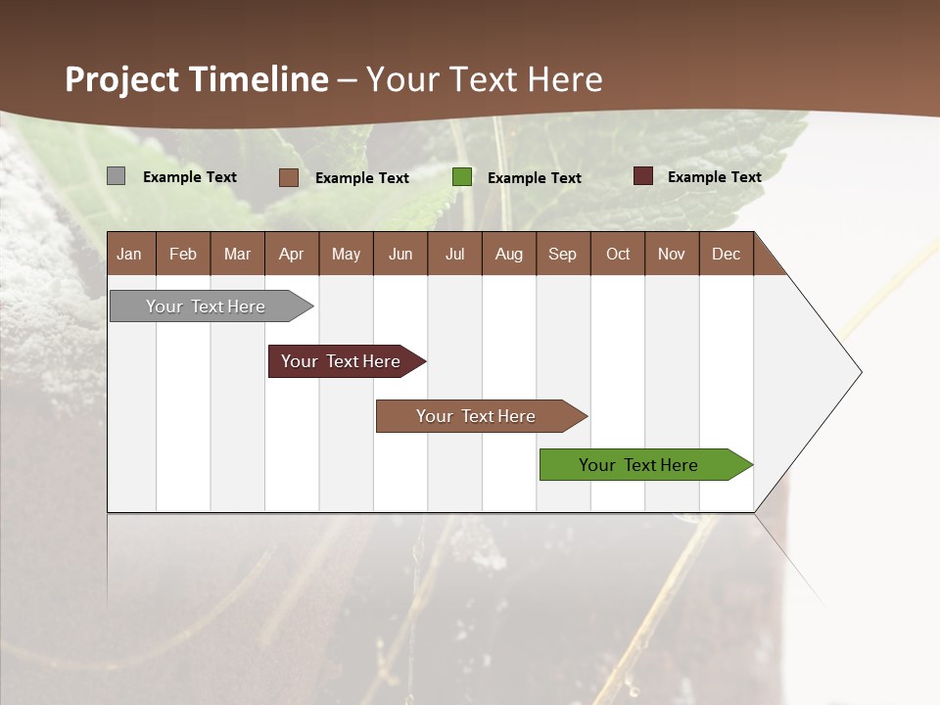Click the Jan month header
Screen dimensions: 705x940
(x=130, y=254)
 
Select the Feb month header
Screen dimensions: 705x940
(x=183, y=254)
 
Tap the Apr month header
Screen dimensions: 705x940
(x=292, y=254)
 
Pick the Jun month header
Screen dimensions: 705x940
(x=400, y=254)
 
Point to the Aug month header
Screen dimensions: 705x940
(x=509, y=254)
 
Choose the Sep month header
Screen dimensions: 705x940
(x=563, y=254)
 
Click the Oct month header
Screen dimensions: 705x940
(x=618, y=254)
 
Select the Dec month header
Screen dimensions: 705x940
(x=727, y=254)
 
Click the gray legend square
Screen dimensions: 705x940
(x=117, y=176)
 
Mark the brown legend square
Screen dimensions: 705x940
(x=289, y=177)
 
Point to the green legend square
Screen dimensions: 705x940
(x=462, y=177)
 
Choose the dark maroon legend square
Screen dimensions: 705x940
(x=643, y=176)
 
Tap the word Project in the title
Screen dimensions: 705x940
(x=121, y=79)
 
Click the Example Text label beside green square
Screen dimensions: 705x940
(x=535, y=178)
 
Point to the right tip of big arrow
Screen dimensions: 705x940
(x=860, y=372)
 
